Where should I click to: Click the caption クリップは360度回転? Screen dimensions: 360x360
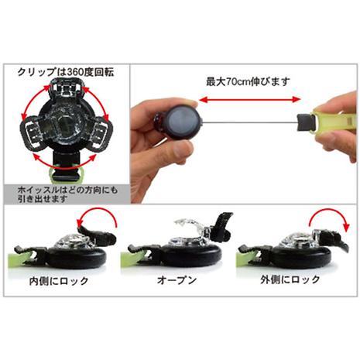(66, 72)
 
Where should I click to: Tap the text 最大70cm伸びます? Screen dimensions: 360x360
(248, 81)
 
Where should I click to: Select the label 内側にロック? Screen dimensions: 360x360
(59, 281)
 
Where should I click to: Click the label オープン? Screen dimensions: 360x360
(177, 279)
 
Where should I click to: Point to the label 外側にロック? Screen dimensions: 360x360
(290, 279)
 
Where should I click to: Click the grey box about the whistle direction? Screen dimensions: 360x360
(67, 194)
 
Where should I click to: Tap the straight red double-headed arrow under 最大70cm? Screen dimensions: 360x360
(250, 100)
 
